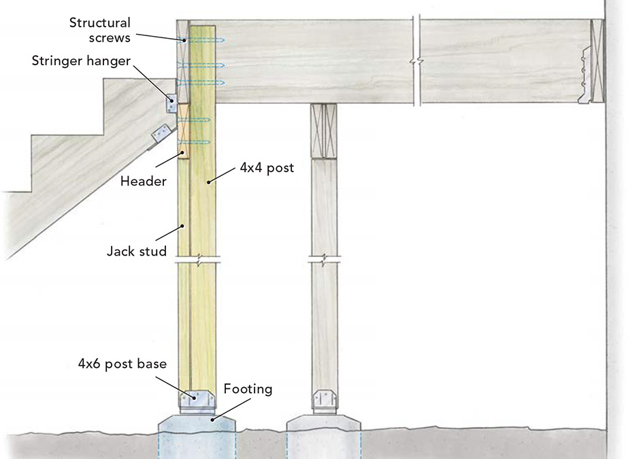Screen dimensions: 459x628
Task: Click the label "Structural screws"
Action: [x=99, y=30]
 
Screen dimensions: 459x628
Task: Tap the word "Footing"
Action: [x=248, y=389]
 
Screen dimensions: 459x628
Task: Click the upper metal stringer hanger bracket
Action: [x=171, y=104]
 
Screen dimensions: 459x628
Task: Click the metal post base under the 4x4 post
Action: [x=197, y=399]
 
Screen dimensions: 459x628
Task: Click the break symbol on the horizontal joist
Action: [x=416, y=61]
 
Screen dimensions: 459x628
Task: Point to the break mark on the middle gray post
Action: [x=324, y=259]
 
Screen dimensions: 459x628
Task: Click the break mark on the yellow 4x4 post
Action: [x=197, y=259]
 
